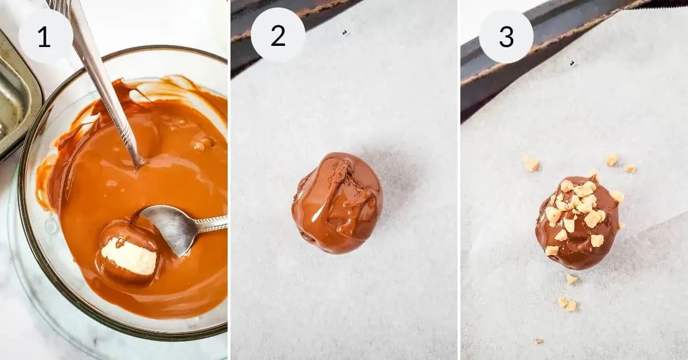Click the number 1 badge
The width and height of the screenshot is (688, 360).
(45, 36)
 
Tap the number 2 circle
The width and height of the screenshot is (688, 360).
(277, 36)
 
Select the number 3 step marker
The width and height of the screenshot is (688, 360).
(506, 36)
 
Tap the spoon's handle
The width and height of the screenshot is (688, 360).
(212, 224)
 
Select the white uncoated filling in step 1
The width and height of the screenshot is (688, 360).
(130, 256)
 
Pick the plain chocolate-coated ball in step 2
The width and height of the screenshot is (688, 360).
(337, 203)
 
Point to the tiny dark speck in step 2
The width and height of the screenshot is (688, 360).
(345, 33)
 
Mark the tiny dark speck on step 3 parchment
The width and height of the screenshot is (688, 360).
(572, 63)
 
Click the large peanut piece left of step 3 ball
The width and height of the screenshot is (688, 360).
(531, 164)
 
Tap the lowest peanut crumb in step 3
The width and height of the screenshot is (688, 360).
(538, 341)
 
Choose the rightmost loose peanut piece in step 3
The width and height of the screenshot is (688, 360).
(630, 169)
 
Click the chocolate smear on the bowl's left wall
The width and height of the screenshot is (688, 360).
(46, 183)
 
